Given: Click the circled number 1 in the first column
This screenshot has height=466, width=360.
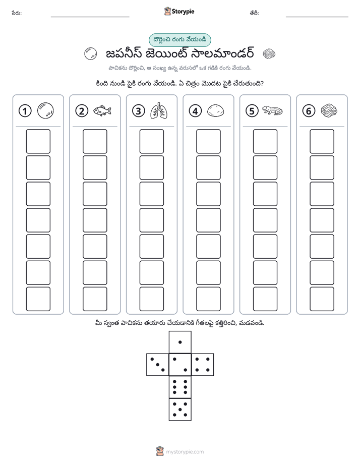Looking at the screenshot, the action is click(x=25, y=111).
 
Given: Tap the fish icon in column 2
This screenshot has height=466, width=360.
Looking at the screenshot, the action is click(x=102, y=111).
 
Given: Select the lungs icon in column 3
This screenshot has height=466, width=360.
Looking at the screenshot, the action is click(x=159, y=111).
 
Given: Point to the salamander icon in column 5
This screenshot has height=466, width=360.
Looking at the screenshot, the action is click(x=272, y=110).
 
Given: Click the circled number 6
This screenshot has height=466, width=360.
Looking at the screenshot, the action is click(x=309, y=111).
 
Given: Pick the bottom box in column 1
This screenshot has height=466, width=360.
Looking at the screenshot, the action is click(x=38, y=299).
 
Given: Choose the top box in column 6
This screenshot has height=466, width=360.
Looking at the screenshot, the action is click(x=322, y=141).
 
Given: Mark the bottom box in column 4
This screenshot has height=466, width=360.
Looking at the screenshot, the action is click(x=208, y=299).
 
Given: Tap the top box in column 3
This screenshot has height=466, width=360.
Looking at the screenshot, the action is click(x=151, y=141).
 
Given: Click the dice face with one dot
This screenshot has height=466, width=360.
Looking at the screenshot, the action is click(x=180, y=342).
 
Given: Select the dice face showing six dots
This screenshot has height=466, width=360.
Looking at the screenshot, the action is click(x=180, y=387).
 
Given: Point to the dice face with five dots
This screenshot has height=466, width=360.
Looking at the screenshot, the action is click(x=180, y=409).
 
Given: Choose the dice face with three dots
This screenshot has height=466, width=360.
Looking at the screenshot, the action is click(x=158, y=364).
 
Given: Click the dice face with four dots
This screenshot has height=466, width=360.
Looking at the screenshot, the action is click(x=203, y=364).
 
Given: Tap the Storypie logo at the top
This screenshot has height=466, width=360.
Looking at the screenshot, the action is click(x=179, y=12).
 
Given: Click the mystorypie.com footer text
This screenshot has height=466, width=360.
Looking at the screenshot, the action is click(x=185, y=452).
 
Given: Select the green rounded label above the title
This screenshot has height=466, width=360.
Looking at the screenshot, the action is click(x=179, y=40).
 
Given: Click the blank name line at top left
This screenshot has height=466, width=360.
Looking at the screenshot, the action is click(x=90, y=17).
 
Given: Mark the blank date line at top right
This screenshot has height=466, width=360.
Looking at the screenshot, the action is click(x=317, y=17).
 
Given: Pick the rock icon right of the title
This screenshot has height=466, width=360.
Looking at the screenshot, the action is click(x=269, y=54).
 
